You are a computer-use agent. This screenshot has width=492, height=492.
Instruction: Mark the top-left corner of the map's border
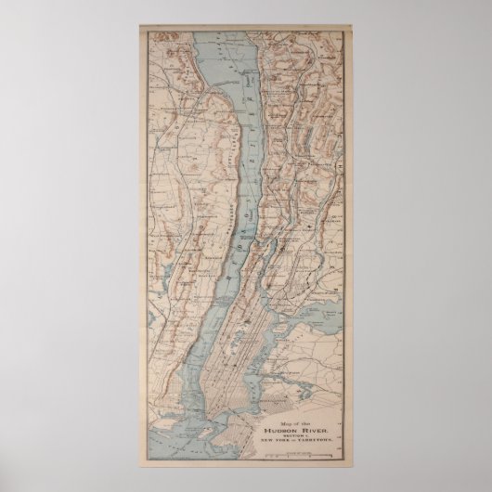[141, 27]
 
